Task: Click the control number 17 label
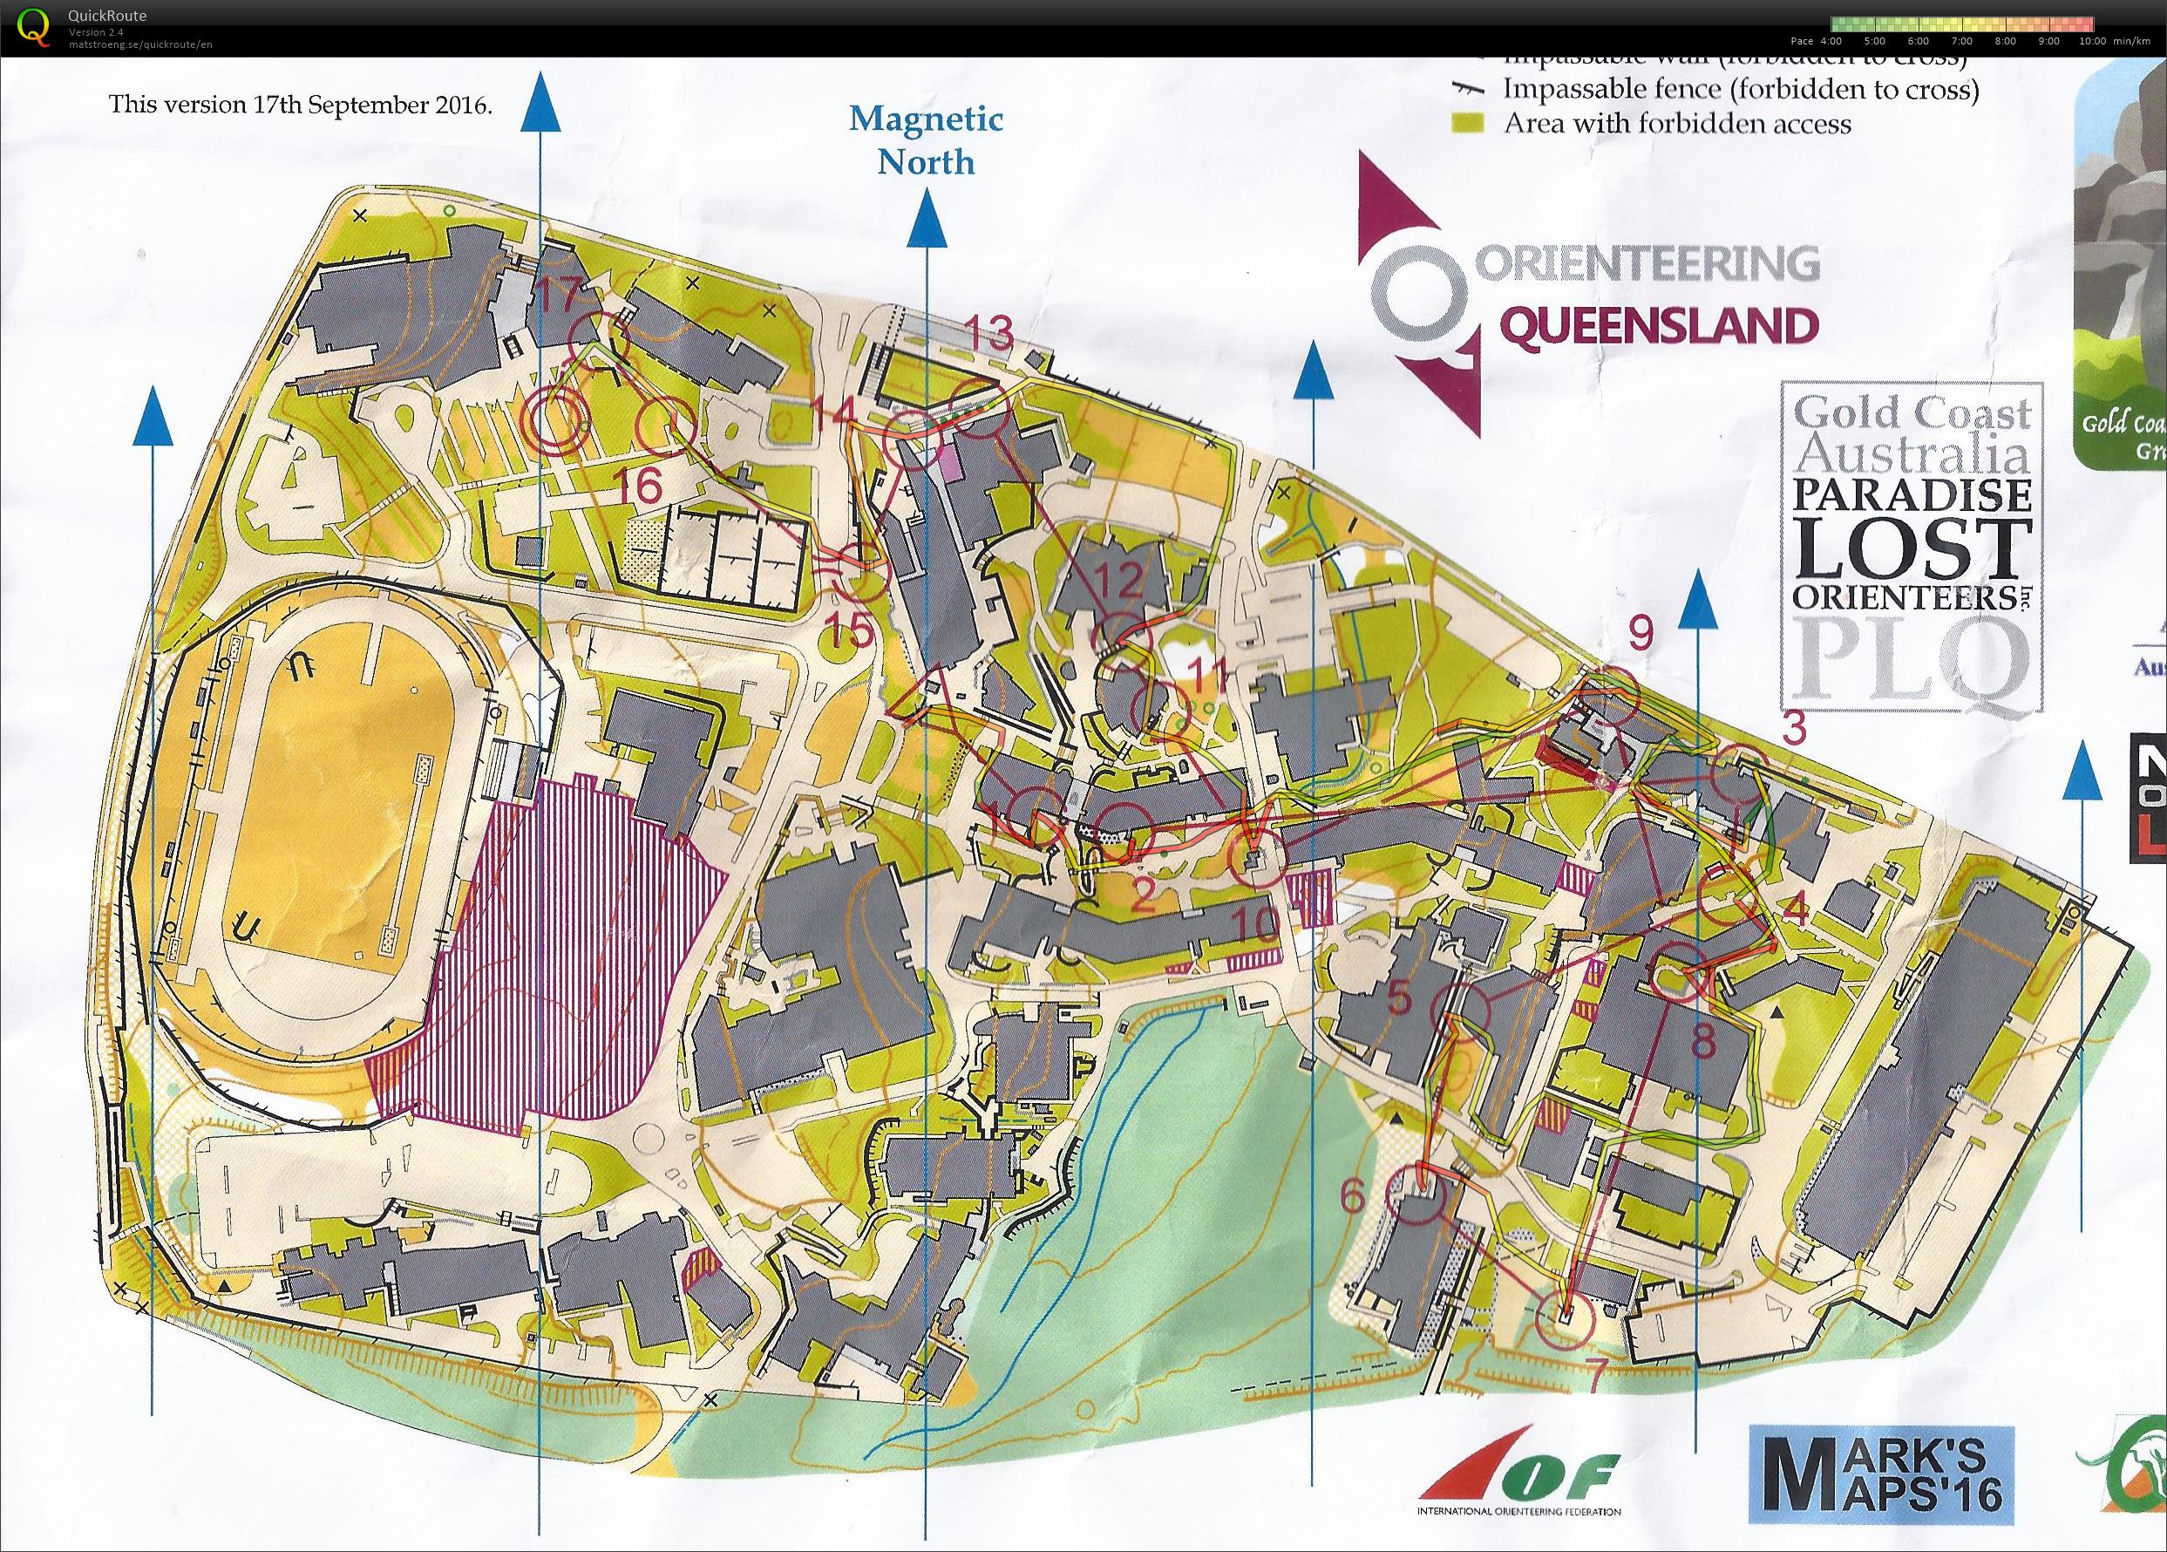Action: click(x=558, y=295)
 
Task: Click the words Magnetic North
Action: click(x=926, y=140)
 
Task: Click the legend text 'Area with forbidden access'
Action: click(x=1677, y=123)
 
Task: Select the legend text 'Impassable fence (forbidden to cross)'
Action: click(x=1740, y=89)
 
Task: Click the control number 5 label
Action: click(x=1399, y=997)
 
